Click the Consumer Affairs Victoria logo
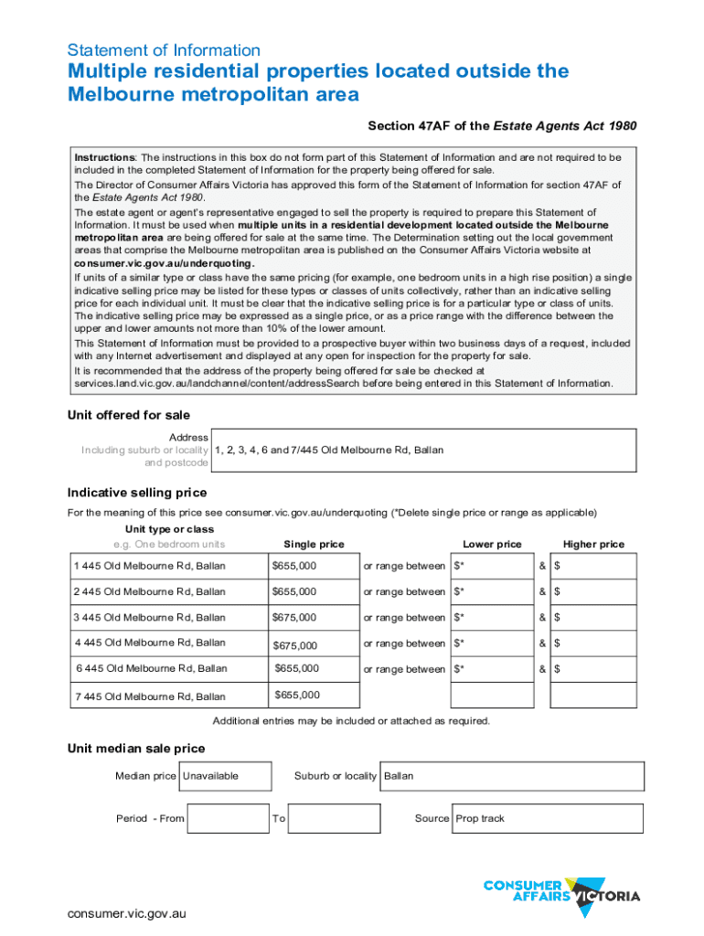[561, 890]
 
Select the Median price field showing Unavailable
[225, 776]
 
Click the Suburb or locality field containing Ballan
[513, 776]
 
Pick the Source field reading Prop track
[549, 818]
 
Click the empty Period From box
[227, 818]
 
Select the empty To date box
[334, 818]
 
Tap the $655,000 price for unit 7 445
[297, 696]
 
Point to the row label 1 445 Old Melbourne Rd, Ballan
[150, 567]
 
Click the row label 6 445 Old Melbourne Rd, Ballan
[151, 669]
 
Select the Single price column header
[314, 545]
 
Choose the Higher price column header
[593, 545]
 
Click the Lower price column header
[492, 545]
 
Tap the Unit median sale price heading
[136, 749]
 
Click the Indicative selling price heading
[137, 493]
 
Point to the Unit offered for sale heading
[129, 415]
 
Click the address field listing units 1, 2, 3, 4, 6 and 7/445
[427, 451]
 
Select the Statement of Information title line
[164, 51]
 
